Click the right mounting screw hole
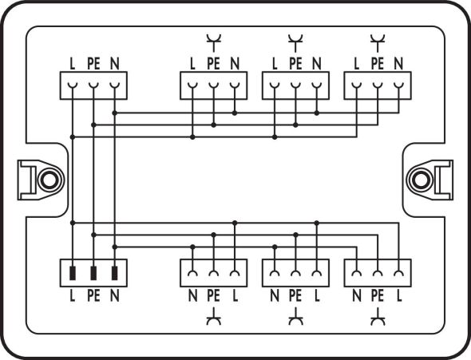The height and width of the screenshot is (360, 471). [421, 178]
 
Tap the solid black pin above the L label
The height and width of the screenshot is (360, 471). [73, 274]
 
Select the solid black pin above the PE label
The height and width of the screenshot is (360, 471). [93, 274]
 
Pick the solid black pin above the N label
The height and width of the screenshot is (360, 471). [114, 274]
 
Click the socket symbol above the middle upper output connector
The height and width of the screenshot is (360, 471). [295, 38]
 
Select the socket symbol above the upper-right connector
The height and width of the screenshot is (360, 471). [377, 38]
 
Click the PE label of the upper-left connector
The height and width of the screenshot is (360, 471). [93, 63]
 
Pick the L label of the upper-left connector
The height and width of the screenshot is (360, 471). [73, 63]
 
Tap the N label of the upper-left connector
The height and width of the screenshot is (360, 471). [114, 63]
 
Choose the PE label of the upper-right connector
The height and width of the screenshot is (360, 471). [377, 63]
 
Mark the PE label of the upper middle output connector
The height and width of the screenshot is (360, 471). [295, 63]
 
